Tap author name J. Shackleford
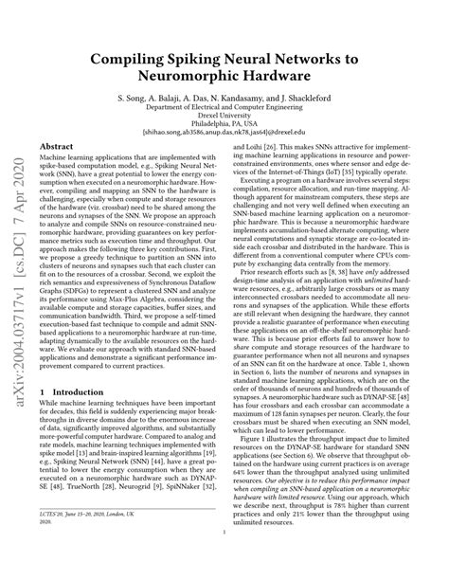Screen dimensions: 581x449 [333, 98]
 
